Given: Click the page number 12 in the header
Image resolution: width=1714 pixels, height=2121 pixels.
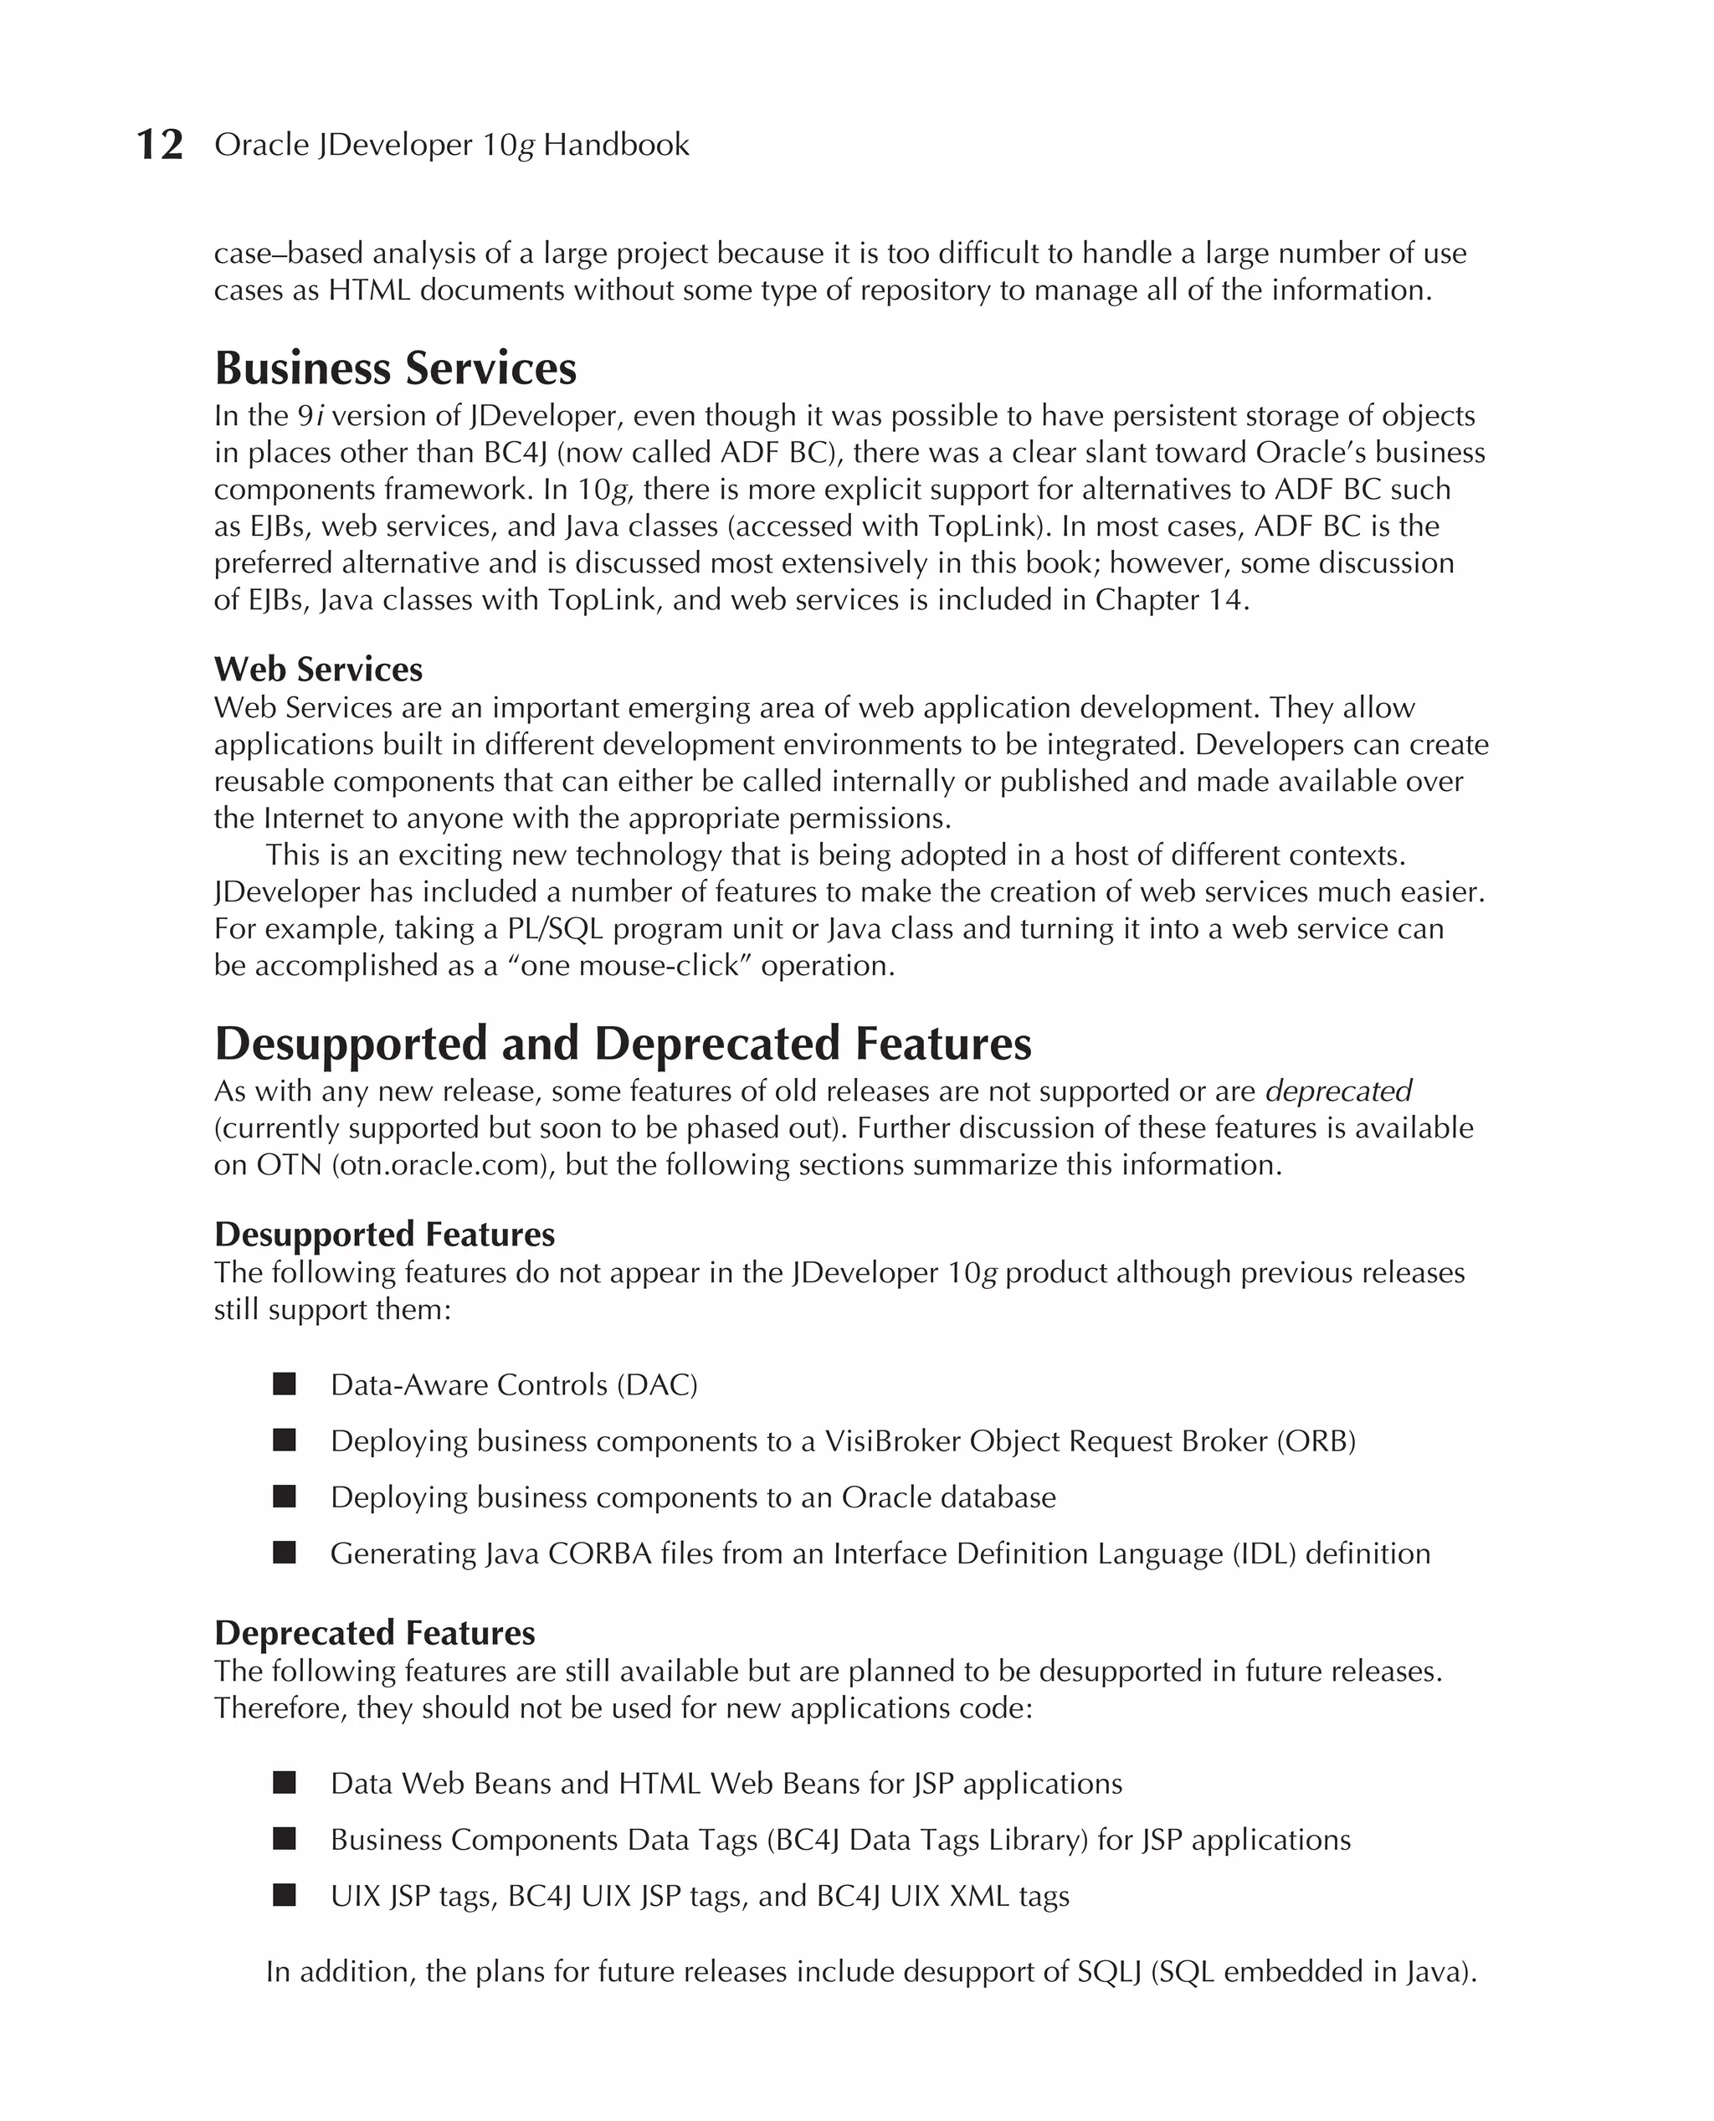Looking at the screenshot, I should point(159,145).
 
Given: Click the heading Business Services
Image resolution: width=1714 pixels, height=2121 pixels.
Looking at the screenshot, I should point(395,368).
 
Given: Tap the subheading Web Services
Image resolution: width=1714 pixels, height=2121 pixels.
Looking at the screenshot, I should point(318,670).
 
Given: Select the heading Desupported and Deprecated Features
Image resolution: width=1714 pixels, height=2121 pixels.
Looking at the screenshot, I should point(622,1044).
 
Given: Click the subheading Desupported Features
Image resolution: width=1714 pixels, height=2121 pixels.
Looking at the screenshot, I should point(384,1235).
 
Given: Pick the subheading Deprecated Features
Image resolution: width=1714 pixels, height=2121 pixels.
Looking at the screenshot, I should point(374,1633).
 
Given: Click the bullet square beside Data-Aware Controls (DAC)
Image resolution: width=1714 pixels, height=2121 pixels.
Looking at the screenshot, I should point(285,1384).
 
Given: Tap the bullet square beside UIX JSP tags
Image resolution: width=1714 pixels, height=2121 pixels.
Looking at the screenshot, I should point(285,1895).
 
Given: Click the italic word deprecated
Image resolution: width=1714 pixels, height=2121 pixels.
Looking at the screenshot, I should point(1338,1091).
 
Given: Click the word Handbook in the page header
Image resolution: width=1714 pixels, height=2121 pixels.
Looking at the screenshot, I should point(616,145).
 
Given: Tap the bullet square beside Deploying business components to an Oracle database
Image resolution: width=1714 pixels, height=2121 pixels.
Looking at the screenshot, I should point(285,1497).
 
